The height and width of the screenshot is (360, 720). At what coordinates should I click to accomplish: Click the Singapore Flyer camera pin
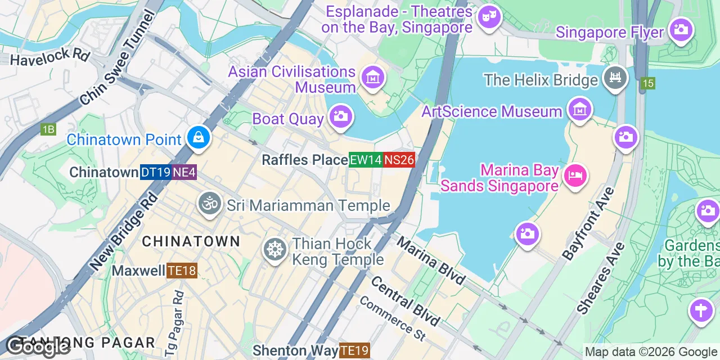[681, 29]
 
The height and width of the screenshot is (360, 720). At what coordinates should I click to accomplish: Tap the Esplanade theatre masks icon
[489, 17]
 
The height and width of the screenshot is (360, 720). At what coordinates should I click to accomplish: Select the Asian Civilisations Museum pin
[372, 78]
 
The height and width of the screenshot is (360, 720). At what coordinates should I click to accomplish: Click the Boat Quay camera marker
[340, 116]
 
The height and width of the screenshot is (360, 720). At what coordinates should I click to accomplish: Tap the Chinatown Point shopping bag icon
[199, 137]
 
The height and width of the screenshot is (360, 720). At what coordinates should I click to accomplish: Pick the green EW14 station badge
[366, 160]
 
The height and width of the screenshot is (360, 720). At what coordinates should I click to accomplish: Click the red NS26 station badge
[399, 160]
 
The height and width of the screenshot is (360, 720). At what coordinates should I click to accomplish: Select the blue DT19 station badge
[155, 172]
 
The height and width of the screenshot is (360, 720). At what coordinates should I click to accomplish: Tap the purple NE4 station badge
[184, 172]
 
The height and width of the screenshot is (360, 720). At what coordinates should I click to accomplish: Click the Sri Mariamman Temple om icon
[210, 203]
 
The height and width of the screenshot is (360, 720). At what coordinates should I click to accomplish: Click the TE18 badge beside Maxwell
[182, 271]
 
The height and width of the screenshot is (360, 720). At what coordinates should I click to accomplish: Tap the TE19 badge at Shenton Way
[354, 351]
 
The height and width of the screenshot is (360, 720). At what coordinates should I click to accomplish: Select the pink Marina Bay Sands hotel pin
[575, 175]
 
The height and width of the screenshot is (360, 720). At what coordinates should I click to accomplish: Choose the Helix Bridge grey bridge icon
[615, 78]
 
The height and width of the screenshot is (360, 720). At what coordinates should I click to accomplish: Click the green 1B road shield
[48, 129]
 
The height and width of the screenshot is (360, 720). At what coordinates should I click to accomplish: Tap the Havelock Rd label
[50, 57]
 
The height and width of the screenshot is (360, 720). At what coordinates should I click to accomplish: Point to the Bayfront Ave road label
[589, 223]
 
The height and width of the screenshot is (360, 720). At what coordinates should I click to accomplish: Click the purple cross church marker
[701, 310]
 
